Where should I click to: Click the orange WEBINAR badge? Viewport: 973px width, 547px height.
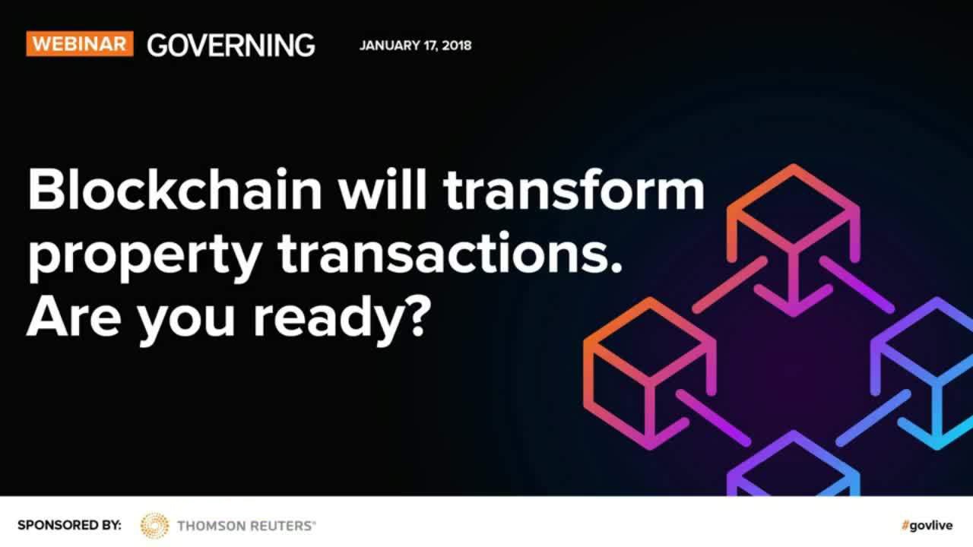coord(80,43)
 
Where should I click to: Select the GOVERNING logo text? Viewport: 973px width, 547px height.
coord(230,45)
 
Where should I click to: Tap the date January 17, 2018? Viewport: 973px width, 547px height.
coord(415,46)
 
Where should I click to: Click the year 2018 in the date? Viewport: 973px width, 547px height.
coord(457,46)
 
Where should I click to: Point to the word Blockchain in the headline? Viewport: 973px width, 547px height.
coord(175,189)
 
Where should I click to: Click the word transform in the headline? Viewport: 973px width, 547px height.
coord(573,189)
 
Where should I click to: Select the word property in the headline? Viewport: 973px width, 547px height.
coord(145,257)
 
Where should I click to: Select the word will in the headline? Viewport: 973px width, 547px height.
coord(382,189)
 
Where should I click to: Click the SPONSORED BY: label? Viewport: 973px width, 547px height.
coord(69,525)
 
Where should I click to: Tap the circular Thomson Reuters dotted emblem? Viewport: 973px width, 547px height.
coord(154,525)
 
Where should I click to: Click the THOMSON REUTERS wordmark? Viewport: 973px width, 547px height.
coord(246,526)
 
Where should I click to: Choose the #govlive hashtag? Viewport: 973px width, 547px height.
coord(927,525)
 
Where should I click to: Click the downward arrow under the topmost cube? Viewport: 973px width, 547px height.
coord(794,282)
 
